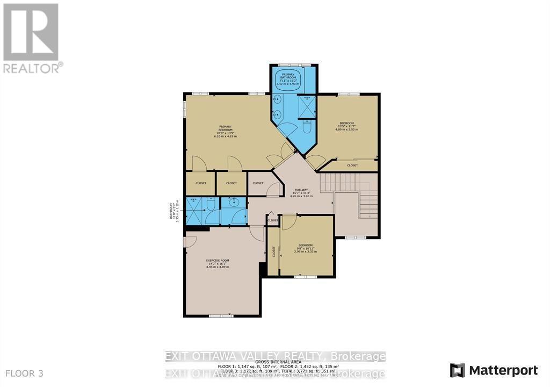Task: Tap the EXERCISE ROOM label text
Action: (218, 261)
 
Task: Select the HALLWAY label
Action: (301, 190)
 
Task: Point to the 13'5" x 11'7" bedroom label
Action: (346, 123)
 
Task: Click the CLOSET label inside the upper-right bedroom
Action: (352, 165)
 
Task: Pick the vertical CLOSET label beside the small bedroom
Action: (273, 251)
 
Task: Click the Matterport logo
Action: (494, 370)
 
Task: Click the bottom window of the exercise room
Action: (218, 315)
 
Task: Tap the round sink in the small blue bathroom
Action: (234, 203)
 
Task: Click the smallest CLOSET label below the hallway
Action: (273, 220)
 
